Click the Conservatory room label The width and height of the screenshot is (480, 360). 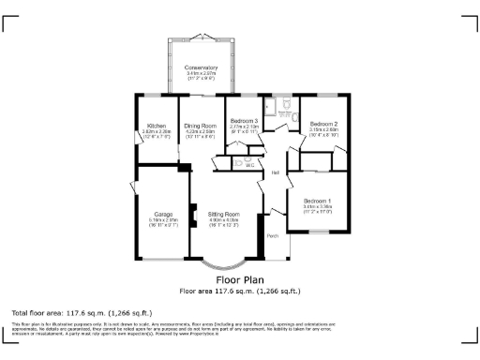[201, 67]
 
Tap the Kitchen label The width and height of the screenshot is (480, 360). [157, 125]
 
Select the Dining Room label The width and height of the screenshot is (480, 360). [200, 125]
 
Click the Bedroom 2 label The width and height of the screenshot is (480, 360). [323, 124]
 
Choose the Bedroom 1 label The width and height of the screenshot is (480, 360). [317, 201]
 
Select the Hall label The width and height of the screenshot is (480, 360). [276, 172]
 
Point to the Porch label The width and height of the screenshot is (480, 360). [273, 234]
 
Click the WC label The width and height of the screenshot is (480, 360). [250, 165]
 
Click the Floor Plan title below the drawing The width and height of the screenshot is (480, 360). [240, 279]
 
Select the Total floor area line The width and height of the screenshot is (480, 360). [82, 312]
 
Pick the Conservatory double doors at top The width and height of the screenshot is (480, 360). [201, 38]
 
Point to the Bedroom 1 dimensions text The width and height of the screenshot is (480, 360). [317, 208]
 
